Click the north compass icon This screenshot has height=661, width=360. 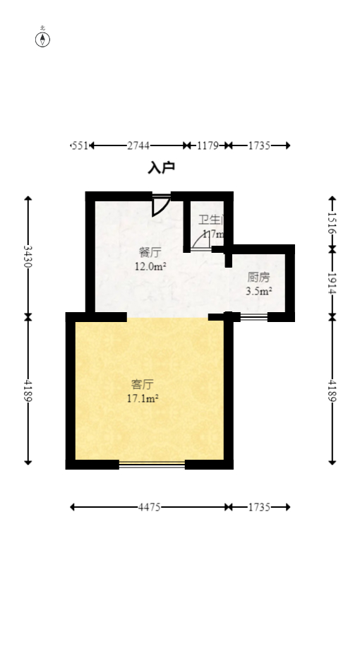(x=43, y=39)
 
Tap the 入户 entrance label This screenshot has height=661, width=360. (x=161, y=168)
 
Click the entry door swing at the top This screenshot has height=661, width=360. (x=160, y=206)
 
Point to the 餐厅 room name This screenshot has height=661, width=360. (x=150, y=252)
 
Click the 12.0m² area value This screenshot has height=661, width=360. (x=150, y=266)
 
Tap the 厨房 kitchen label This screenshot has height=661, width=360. (x=258, y=277)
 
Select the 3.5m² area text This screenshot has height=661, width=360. (x=259, y=291)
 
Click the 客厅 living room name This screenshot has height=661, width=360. (x=142, y=384)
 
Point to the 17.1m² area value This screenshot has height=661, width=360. (x=142, y=398)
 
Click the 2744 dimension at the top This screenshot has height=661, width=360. (x=138, y=145)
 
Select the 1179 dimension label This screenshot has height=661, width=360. (x=208, y=145)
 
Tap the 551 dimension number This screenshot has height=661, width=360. (x=80, y=145)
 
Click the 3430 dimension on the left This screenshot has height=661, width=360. (x=28, y=256)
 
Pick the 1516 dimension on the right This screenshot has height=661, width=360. (x=332, y=222)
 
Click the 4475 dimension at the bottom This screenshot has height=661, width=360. (x=150, y=507)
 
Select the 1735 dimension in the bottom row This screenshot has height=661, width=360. (x=259, y=507)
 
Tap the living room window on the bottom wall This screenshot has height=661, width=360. (x=152, y=465)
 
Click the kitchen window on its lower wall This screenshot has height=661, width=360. (x=253, y=317)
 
